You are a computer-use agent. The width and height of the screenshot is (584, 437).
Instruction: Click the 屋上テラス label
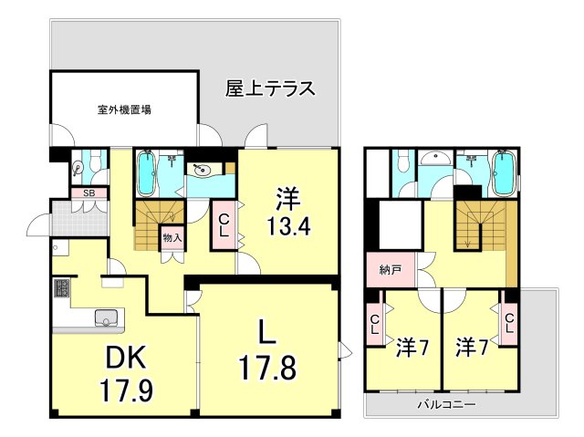(x=270, y=89)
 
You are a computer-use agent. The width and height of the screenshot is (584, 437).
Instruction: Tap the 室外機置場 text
(x=124, y=109)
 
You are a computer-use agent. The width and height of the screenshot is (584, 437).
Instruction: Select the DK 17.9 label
(x=125, y=375)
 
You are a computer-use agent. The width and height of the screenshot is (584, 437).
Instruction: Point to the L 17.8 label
(x=265, y=351)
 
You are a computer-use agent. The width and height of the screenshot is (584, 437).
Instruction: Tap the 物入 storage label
(x=171, y=238)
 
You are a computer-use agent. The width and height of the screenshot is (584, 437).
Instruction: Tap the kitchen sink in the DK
(x=107, y=318)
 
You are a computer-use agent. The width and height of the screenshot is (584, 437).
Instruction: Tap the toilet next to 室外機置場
(x=79, y=168)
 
